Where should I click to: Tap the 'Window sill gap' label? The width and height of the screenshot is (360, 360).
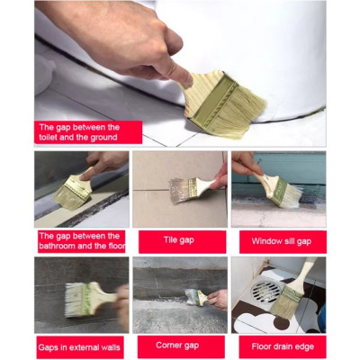(276, 241)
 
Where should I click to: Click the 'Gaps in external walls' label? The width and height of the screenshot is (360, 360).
(79, 346)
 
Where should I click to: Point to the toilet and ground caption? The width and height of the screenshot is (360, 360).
(88, 132)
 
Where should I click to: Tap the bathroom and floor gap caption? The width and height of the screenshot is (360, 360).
(80, 241)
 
